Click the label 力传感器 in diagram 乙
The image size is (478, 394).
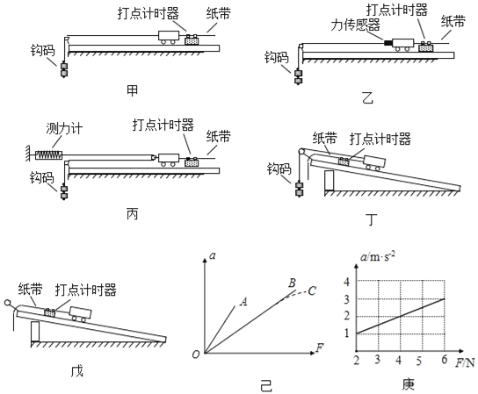tap(356, 25)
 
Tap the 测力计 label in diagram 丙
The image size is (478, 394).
tap(64, 128)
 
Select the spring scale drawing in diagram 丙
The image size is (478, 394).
tap(49, 155)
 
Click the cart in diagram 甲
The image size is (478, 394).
tap(168, 38)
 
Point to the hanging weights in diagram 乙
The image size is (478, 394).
tap(298, 77)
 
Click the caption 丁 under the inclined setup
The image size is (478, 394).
tap(372, 219)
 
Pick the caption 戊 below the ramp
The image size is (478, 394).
tap(76, 370)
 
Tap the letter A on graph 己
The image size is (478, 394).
tap(243, 302)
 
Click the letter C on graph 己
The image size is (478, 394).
tap(311, 290)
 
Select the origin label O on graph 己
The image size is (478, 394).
tap(196, 355)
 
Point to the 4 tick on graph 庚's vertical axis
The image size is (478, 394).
tap(346, 282)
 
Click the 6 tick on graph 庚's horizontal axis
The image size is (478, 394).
tap(444, 360)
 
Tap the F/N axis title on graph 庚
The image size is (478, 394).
tap(465, 362)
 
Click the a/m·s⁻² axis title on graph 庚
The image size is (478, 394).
tap(378, 256)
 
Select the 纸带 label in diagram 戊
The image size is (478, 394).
tap(30, 289)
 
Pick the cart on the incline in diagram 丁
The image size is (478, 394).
tap(374, 163)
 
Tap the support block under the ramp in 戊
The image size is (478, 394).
tap(35, 332)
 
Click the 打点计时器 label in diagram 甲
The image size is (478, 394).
tap(148, 14)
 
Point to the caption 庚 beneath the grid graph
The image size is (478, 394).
tap(408, 384)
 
